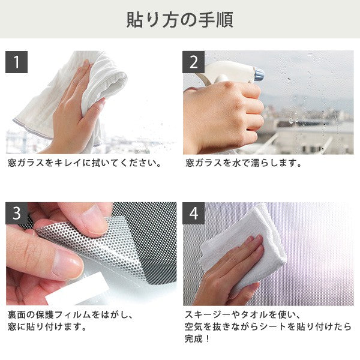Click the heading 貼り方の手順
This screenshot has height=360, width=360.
pyautogui.click(x=180, y=20)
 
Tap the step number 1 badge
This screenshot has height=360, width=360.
pyautogui.click(x=17, y=62)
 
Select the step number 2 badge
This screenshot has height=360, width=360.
pyautogui.click(x=194, y=62)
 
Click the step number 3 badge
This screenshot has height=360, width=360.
pyautogui.click(x=17, y=213)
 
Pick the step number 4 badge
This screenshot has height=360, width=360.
pyautogui.click(x=194, y=213)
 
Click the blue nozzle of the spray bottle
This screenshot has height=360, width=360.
pyautogui.click(x=259, y=74)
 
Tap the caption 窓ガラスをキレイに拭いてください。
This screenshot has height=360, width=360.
pyautogui.click(x=85, y=163)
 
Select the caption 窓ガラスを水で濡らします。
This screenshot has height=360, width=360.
pyautogui.click(x=244, y=163)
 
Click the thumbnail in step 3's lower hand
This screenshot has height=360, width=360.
pyautogui.click(x=67, y=264)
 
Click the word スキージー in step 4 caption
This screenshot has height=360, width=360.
pyautogui.click(x=208, y=314)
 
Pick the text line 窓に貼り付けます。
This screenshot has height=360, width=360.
pyautogui.click(x=47, y=326)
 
